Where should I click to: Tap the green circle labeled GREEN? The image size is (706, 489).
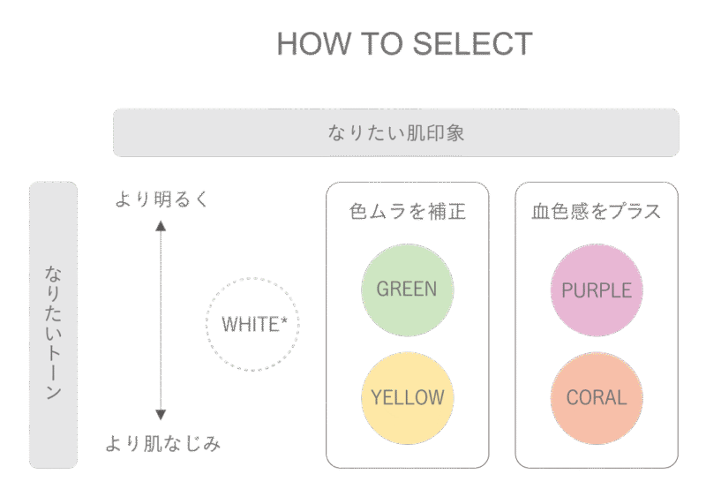tap(407, 289)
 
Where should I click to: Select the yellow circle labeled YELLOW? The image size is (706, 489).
tap(407, 397)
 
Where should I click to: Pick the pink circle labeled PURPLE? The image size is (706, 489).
tap(597, 289)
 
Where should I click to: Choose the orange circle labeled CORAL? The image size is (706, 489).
tap(597, 397)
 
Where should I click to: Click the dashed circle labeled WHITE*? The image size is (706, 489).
tap(254, 324)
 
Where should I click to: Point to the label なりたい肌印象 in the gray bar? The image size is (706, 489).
tap(395, 133)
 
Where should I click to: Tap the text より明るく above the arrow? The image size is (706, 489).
tap(162, 199)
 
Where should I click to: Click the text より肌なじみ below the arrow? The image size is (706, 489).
tap(162, 443)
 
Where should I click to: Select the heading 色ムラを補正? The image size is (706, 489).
tap(407, 212)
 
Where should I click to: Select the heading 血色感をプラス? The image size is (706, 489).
tap(597, 212)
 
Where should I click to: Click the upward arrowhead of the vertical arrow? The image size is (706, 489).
tap(161, 225)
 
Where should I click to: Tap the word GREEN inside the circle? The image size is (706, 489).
tap(407, 289)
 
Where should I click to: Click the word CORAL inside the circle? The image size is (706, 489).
tap(597, 397)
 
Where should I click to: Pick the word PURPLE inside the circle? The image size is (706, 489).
tap(597, 290)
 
